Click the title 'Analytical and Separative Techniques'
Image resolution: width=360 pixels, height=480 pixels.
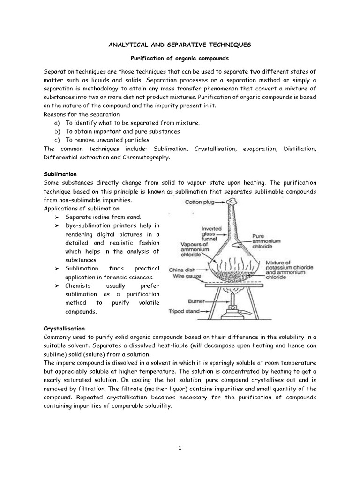tap(180, 45)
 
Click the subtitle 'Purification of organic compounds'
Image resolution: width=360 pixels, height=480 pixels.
tap(180, 60)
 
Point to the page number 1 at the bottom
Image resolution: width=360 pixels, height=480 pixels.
tap(180, 448)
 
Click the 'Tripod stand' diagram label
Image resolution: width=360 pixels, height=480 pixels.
tap(184, 311)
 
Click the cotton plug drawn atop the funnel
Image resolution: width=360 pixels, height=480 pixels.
tap(231, 201)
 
